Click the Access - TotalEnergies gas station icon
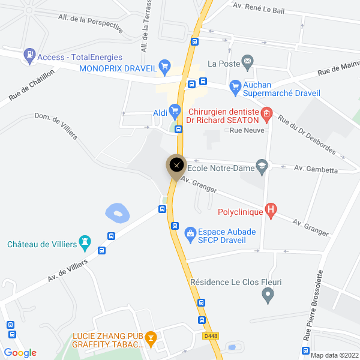click(x=29, y=56)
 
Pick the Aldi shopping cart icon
click(x=175, y=110)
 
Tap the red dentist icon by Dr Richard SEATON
click(x=268, y=112)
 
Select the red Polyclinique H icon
click(x=271, y=210)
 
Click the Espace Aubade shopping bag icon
click(x=190, y=232)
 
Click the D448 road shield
click(x=209, y=335)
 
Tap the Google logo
click(x=20, y=353)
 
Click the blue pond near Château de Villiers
click(x=117, y=212)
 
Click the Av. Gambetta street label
click(x=313, y=169)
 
